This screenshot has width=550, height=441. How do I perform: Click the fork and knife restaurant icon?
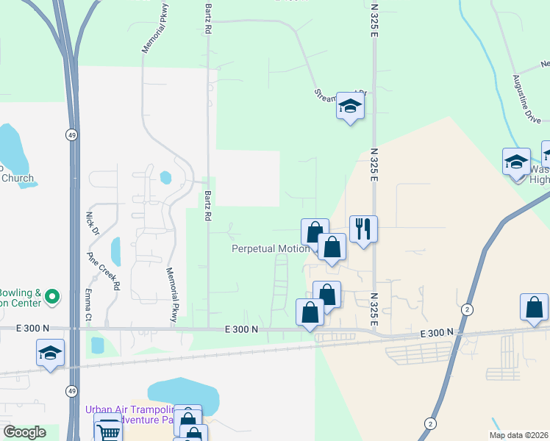coord(363,230)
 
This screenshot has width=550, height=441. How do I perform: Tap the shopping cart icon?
coord(108,429)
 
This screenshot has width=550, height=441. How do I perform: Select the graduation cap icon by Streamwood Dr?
coord(350,107)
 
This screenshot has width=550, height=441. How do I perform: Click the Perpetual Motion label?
coord(271,248)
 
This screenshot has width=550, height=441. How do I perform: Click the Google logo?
coord(24,432)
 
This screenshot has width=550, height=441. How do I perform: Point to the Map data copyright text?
coord(518,434)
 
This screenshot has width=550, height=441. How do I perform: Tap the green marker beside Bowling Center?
coord(51,297)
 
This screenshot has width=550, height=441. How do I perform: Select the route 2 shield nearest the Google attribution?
coord(430,423)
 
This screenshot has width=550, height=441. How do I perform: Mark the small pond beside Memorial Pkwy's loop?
coord(165,177)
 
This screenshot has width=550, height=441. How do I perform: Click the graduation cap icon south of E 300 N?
coord(50,353)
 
